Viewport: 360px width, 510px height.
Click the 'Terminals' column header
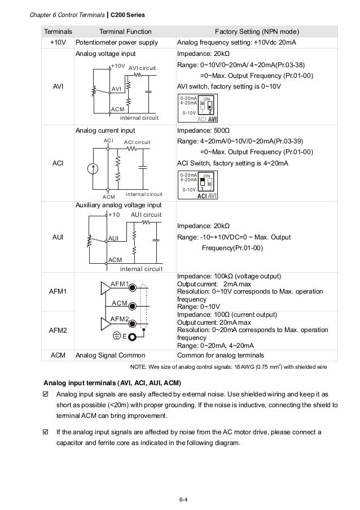[58, 31]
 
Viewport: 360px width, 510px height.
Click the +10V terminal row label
[58, 42]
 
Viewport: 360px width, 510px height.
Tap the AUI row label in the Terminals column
[58, 237]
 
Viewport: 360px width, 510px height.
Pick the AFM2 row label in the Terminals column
[58, 330]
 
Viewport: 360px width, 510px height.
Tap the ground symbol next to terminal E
[117, 337]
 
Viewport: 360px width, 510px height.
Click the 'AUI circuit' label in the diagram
[146, 215]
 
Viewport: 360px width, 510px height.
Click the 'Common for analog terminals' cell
[220, 356]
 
